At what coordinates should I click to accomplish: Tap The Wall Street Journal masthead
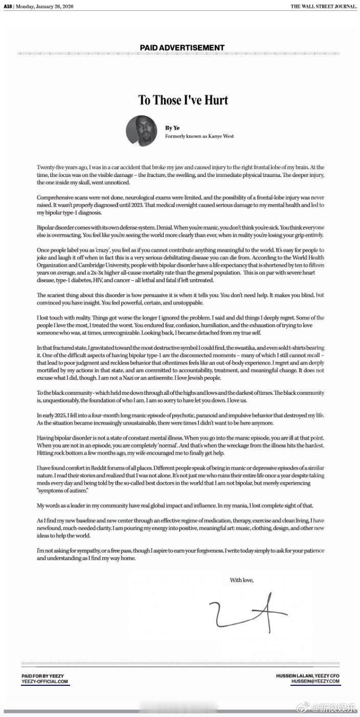pyautogui.click(x=324, y=6)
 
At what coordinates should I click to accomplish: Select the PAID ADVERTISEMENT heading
pyautogui.click(x=182, y=48)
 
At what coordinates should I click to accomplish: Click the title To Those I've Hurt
pyautogui.click(x=182, y=99)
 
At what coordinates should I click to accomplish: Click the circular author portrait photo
pyautogui.click(x=142, y=131)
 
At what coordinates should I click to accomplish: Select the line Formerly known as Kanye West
pyautogui.click(x=199, y=137)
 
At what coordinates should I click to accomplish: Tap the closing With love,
pyautogui.click(x=242, y=579)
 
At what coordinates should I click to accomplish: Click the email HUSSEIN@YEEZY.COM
pyautogui.click(x=316, y=682)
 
